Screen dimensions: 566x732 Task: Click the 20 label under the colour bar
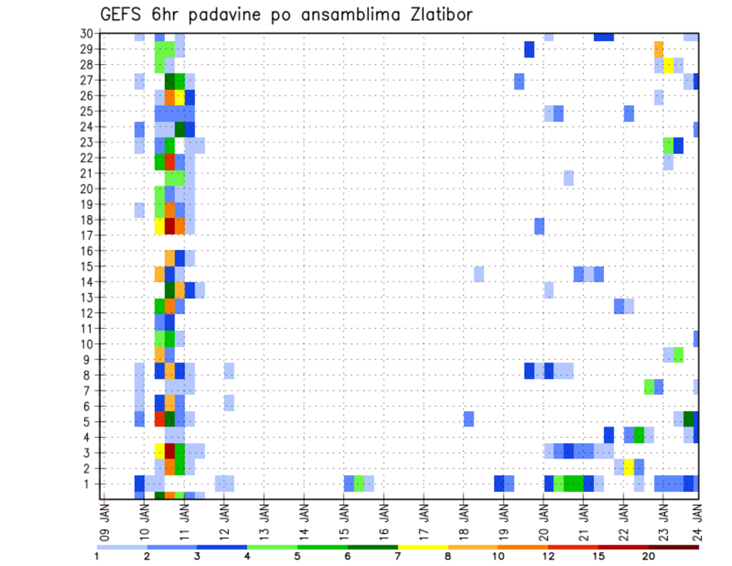point(649,556)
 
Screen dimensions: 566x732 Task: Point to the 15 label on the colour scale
point(599,556)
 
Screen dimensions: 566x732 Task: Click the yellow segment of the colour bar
point(423,547)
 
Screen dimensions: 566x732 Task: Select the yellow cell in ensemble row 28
point(669,65)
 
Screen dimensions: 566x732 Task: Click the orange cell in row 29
point(659,50)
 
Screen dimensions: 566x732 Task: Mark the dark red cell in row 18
point(170,226)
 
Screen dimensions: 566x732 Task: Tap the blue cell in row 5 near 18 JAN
point(469,419)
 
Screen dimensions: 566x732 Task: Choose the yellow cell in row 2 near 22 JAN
point(629,466)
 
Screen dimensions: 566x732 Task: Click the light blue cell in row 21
point(569,178)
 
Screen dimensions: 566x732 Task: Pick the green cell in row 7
point(649,387)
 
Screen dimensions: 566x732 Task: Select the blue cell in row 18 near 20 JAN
point(539,226)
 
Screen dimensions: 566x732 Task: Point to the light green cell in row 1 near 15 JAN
point(359,483)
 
